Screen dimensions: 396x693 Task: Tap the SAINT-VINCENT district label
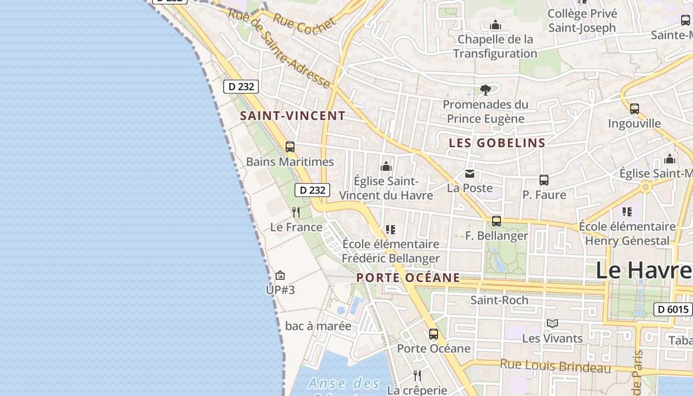293,116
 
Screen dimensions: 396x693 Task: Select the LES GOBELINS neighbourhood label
497,143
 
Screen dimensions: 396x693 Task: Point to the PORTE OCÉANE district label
408,278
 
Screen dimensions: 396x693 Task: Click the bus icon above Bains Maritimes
290,147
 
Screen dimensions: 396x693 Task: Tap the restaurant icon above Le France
296,212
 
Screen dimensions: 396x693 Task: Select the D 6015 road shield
673,309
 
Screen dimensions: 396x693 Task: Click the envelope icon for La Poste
469,174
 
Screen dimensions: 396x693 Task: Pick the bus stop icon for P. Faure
544,180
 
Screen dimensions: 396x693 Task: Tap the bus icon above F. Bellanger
496,221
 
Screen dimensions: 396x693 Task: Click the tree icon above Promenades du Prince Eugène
486,90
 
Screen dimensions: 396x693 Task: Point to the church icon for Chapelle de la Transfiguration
495,25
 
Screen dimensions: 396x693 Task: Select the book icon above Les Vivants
552,324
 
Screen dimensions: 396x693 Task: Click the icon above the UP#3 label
280,275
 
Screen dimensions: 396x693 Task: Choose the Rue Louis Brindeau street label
555,366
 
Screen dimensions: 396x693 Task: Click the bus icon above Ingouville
635,109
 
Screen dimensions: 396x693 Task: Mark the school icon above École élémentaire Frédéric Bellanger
391,230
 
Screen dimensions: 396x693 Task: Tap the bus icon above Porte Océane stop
434,334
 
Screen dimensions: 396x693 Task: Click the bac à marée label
318,326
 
